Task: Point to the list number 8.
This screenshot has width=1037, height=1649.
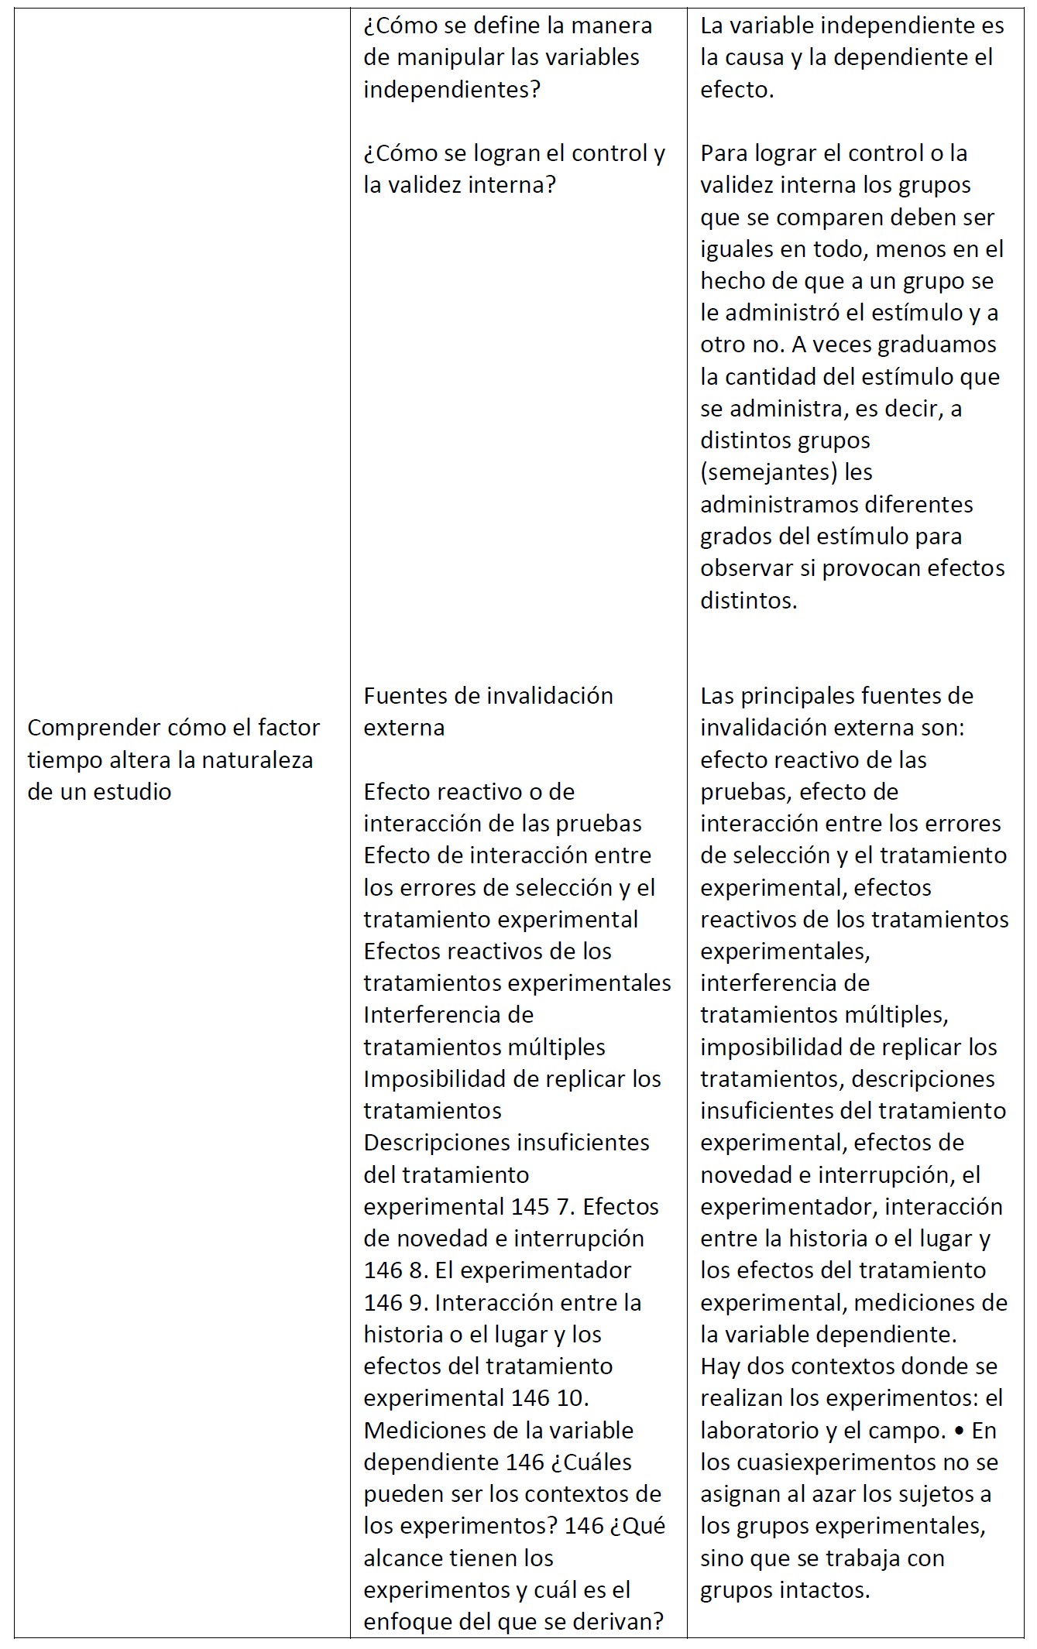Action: [x=420, y=1270]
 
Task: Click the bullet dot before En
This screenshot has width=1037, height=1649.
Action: [x=959, y=1431]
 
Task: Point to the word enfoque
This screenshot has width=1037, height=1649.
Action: [x=408, y=1622]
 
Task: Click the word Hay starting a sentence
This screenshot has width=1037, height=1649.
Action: [x=720, y=1366]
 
